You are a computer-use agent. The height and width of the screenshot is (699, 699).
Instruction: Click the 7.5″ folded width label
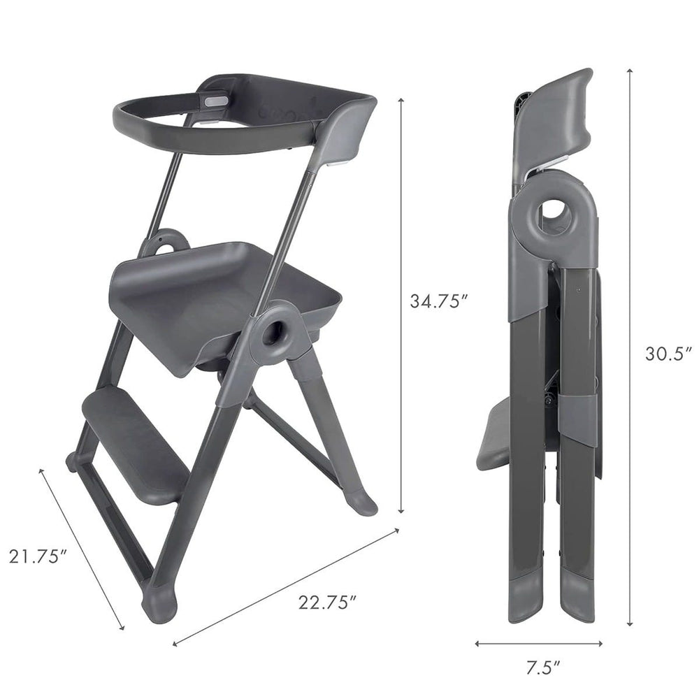click(542, 668)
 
